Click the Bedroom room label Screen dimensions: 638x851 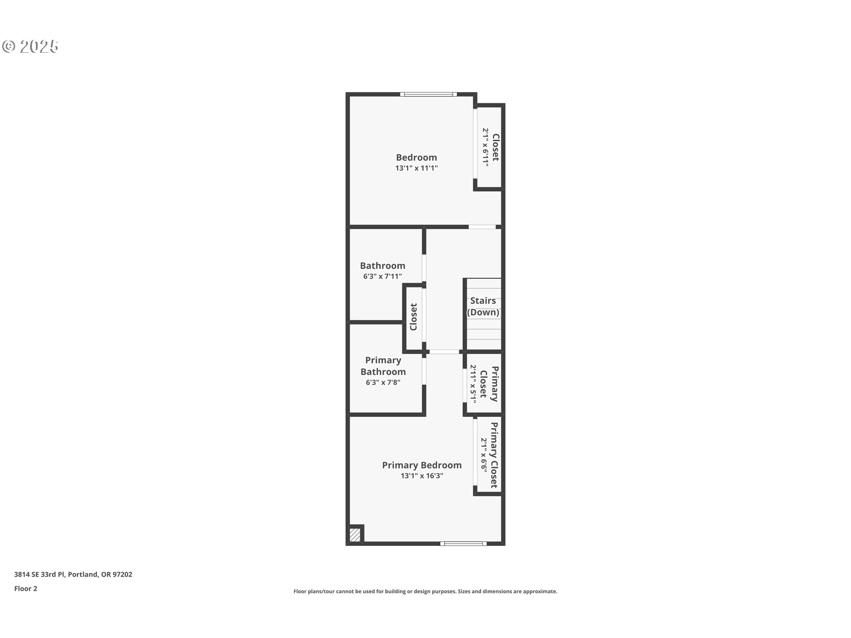[416, 157]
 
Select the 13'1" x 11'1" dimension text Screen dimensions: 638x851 [416, 168]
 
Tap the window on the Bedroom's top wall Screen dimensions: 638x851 [428, 94]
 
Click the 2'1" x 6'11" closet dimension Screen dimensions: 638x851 [485, 148]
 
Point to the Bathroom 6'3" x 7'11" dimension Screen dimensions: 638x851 [382, 276]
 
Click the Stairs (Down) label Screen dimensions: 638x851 [483, 306]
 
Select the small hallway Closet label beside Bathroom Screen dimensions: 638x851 [414, 317]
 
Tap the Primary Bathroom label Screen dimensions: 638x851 [383, 366]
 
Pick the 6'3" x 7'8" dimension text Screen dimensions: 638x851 [383, 382]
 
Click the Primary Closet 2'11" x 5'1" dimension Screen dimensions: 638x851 [473, 384]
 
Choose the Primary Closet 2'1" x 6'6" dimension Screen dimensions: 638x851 [484, 455]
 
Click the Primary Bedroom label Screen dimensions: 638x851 [422, 465]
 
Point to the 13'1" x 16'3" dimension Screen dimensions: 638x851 [422, 476]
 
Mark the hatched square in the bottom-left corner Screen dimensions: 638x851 [355, 535]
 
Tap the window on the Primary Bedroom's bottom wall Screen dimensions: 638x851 [463, 544]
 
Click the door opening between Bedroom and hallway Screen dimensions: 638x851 [482, 227]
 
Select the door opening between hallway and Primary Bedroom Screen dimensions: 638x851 [445, 352]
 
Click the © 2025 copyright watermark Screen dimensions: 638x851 [30, 47]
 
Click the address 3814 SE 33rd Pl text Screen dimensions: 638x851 [73, 575]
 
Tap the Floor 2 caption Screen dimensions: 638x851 [26, 589]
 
